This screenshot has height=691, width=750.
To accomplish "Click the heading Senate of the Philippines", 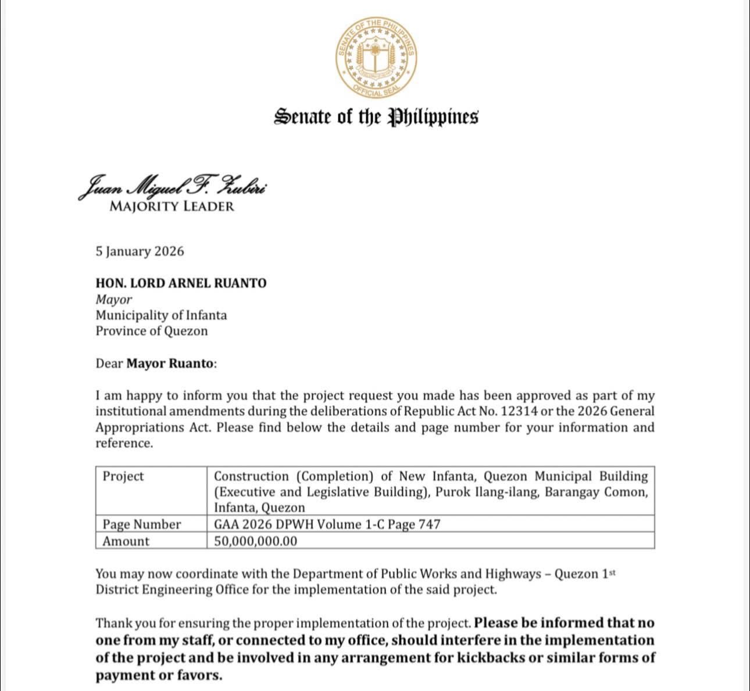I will coord(376,116).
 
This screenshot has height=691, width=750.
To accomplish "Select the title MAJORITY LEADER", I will coord(172,206).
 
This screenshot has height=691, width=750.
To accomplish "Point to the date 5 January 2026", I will coord(140,251).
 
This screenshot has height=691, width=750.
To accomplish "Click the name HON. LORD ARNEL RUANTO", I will coord(181,283).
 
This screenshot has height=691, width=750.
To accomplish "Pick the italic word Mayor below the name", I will coord(113,300).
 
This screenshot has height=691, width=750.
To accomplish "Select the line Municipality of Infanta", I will coord(161,315).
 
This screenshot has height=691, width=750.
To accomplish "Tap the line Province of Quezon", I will coord(151,331).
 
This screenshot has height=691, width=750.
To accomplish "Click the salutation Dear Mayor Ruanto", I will coord(156,364).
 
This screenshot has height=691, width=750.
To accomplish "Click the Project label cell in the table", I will coord(123,476).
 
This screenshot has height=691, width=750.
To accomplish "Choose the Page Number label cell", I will coord(141,525).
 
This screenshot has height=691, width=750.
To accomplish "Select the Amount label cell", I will coord(126,542).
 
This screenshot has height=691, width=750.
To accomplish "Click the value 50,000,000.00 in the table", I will coord(255,542).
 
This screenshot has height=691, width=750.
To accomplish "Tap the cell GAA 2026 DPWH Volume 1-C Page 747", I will coord(327,525).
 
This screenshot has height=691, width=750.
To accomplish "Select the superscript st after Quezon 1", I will coord(611,572).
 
